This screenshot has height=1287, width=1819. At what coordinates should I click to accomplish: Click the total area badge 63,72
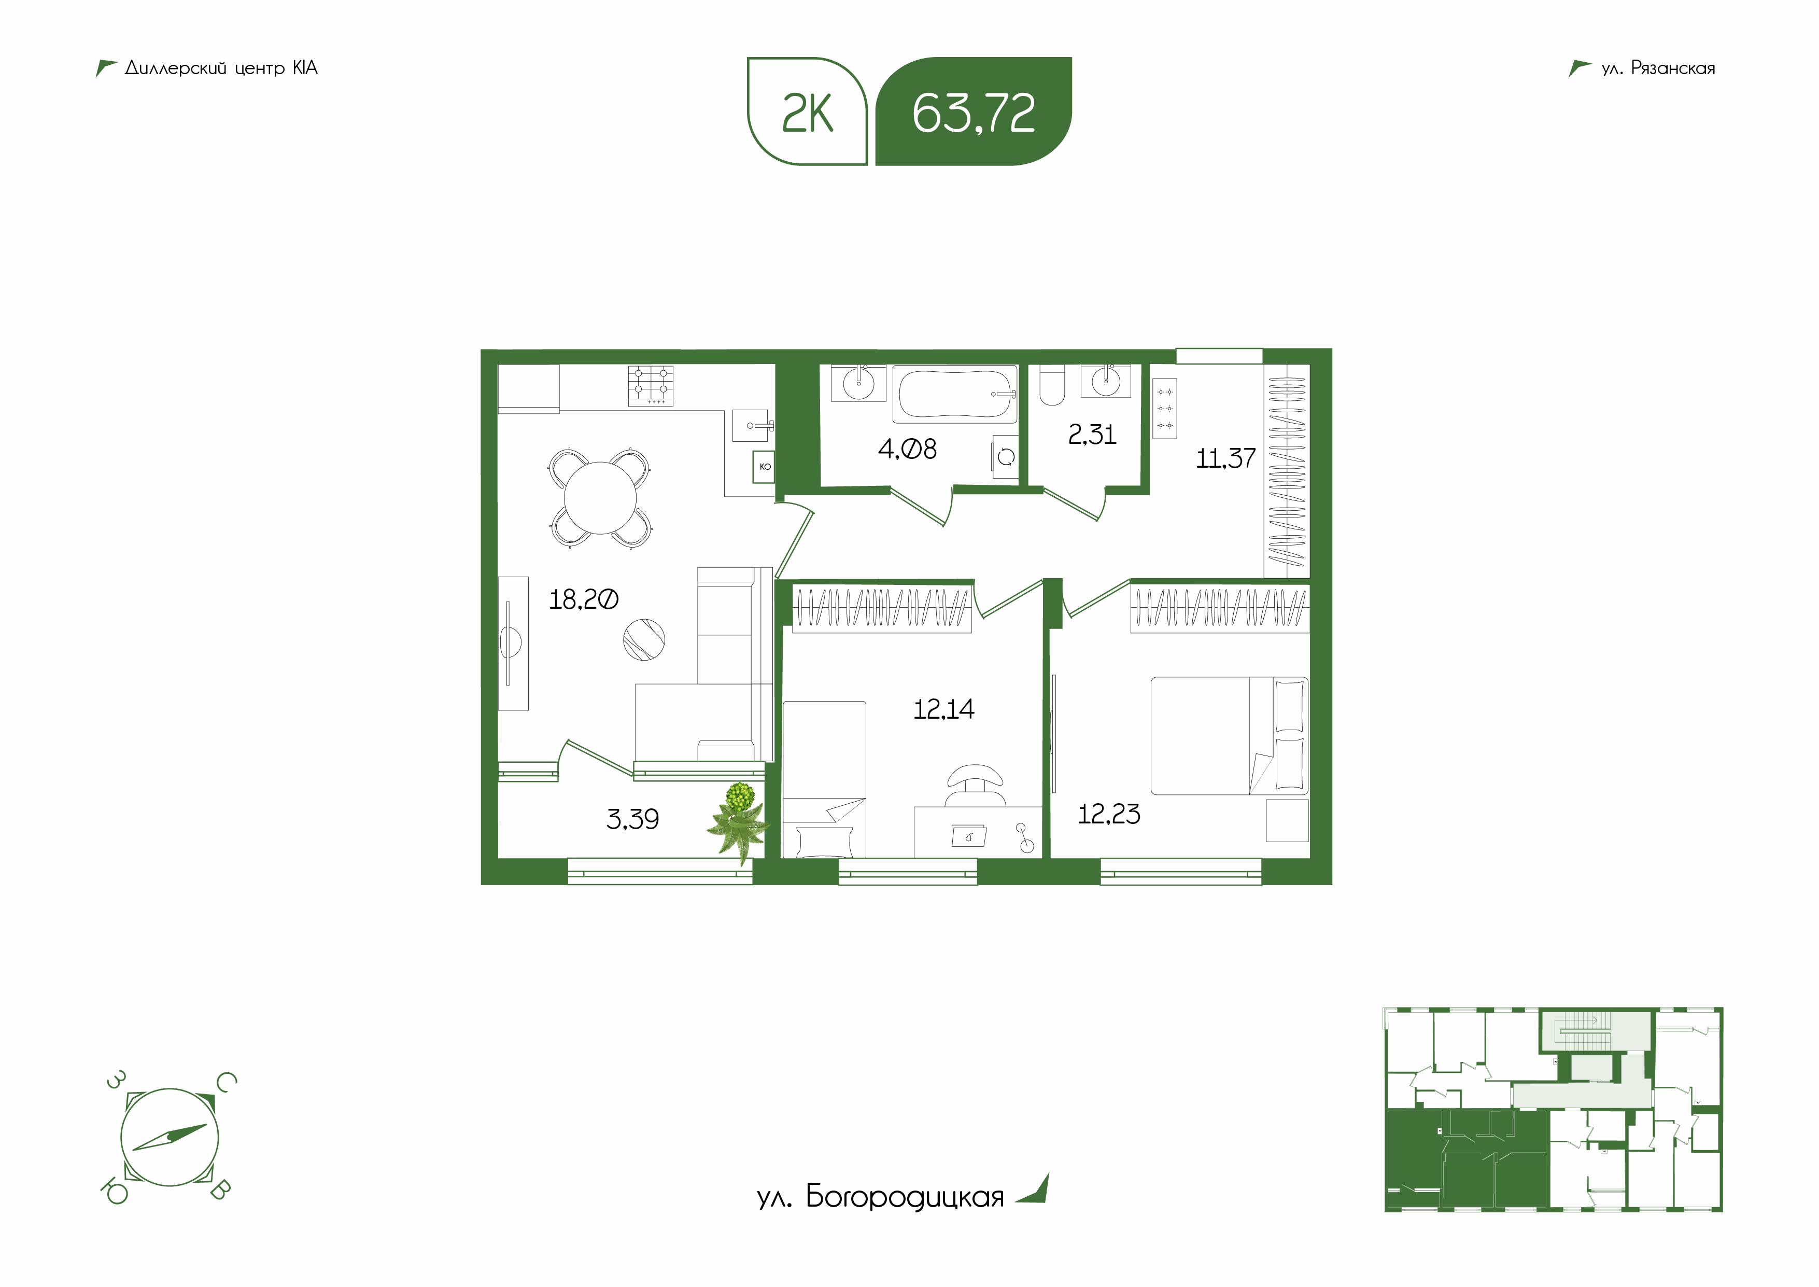click(x=973, y=111)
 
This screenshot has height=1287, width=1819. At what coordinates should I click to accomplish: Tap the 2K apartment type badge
click(x=807, y=111)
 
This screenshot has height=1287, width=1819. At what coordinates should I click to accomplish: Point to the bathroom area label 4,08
click(x=907, y=450)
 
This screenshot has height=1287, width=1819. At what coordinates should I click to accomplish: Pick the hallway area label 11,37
click(x=1225, y=458)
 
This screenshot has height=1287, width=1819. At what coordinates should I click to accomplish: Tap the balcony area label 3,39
click(x=632, y=819)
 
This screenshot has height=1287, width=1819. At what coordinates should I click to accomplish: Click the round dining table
click(x=600, y=498)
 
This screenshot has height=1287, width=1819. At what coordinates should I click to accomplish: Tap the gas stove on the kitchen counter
click(x=651, y=386)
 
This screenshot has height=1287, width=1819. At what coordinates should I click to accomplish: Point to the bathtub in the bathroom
click(x=955, y=394)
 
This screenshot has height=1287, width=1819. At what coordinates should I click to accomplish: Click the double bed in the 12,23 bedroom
click(x=1229, y=735)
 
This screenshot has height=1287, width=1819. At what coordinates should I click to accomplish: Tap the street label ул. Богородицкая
click(x=880, y=1197)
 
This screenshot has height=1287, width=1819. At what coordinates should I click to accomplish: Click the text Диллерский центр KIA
click(x=221, y=68)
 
